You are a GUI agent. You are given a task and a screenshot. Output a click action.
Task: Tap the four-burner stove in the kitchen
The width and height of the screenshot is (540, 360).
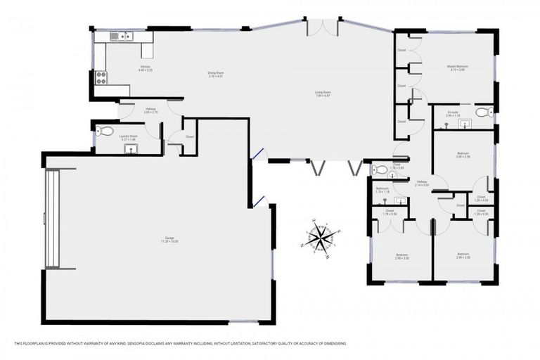coord(101,77)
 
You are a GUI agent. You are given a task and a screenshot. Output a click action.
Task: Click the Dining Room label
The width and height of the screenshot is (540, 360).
coord(215,74)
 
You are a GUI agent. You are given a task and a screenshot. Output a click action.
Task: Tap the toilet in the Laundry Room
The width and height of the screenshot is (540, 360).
coord(106,131)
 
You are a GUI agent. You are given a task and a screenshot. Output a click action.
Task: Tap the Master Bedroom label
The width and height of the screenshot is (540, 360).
coord(458,68)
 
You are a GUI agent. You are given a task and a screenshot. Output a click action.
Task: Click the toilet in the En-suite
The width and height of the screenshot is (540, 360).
coord(483,112)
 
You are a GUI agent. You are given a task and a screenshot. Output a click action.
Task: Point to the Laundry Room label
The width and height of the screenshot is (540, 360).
coord(129,138)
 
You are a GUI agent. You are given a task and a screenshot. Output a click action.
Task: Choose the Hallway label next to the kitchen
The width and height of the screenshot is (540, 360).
coord(150,110)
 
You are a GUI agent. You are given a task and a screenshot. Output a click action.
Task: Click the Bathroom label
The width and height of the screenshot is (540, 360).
coord(382,189)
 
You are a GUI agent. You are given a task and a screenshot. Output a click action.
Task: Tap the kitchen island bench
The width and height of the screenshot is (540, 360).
coord(147,49)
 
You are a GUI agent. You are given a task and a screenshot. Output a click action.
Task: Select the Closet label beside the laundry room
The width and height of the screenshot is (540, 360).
coord(190,136)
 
